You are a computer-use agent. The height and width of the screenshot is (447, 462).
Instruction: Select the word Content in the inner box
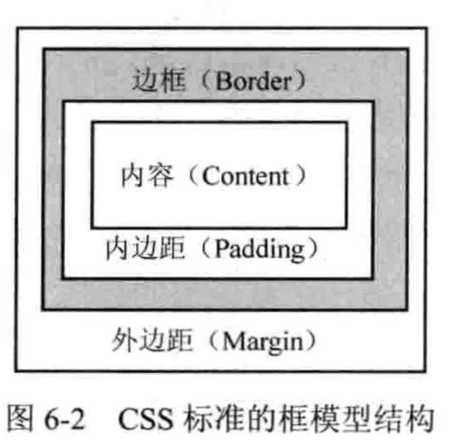click(x=247, y=176)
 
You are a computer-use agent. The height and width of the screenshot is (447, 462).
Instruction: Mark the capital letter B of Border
click(x=220, y=82)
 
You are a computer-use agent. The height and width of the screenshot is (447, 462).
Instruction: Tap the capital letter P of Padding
click(x=221, y=249)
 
